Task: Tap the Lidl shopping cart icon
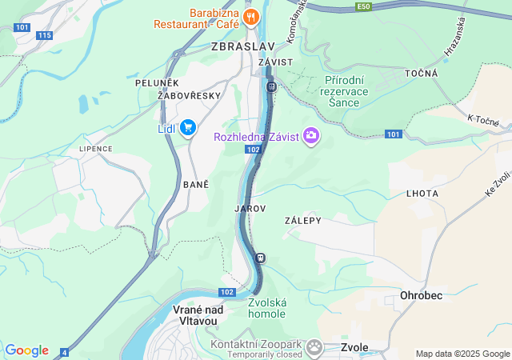(188, 128)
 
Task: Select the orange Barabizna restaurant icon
(252, 16)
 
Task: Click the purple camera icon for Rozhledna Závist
(310, 137)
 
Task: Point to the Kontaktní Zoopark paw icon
(314, 346)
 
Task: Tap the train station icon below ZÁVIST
(271, 86)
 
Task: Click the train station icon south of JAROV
(260, 258)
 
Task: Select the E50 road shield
(364, 6)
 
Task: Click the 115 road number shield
(44, 35)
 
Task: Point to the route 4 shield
(64, 352)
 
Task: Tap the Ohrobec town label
(421, 295)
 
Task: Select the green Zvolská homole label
(266, 308)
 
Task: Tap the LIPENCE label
(95, 149)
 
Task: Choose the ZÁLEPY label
(302, 220)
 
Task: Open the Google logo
(26, 350)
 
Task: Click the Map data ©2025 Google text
(462, 354)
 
